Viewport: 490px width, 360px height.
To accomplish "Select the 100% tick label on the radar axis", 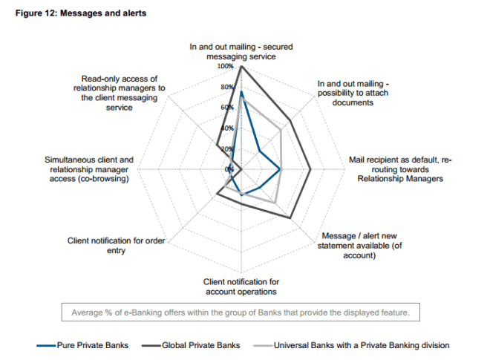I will (225, 66).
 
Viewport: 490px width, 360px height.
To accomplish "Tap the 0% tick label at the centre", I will (230, 169).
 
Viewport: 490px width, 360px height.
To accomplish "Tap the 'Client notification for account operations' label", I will (242, 287).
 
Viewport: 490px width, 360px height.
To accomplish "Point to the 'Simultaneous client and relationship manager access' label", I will (89, 168).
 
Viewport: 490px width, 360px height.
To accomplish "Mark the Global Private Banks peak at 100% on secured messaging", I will (241, 66).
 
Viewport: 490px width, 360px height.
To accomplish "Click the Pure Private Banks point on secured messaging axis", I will (241, 91).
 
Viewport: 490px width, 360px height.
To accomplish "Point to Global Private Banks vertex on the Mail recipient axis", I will (310, 169).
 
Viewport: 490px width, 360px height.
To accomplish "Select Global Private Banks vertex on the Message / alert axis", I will (290, 217).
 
